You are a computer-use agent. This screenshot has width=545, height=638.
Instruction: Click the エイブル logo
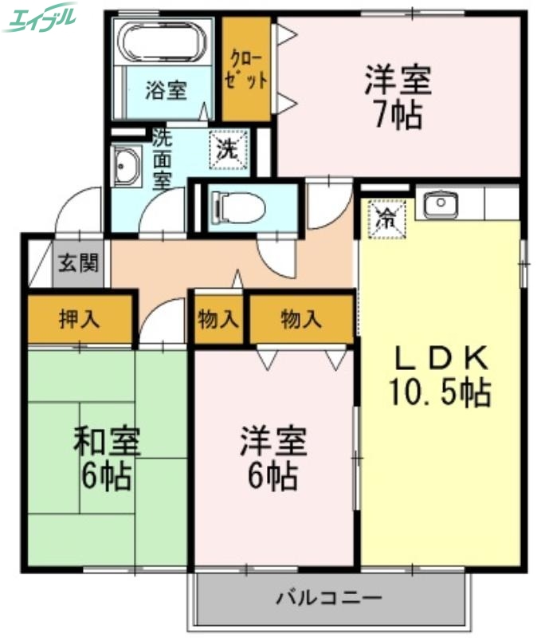pos(40,17)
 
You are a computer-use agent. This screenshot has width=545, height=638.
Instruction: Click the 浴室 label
pos(166,90)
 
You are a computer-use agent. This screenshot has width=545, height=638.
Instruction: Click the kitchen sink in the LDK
pos(439,206)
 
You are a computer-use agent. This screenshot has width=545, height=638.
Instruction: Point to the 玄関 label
pos(78,262)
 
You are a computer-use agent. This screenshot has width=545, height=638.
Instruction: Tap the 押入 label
pos(80,320)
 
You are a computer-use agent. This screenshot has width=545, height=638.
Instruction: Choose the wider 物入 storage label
pos(301,320)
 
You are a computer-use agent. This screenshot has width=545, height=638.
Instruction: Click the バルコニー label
pos(329,597)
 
